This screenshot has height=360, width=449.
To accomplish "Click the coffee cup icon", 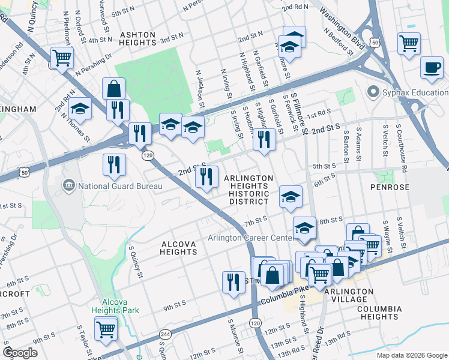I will tap(431, 67).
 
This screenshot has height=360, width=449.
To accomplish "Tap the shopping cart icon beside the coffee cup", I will tap(409, 43).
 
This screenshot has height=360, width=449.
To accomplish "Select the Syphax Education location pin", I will tap(373, 92).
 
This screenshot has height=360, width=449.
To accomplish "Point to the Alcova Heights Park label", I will tap(115, 306).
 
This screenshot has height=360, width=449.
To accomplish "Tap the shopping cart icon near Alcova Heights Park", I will tap(106, 328).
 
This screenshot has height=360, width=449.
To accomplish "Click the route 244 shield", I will tap(164, 334).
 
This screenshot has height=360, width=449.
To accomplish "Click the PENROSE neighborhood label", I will tap(393, 187).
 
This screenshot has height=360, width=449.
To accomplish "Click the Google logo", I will tap(20, 352).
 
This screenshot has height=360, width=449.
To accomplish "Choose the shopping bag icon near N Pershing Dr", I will tap(113, 89).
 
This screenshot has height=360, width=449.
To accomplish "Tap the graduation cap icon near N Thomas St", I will tap(79, 109).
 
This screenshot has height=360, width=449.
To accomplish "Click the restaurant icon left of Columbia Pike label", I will tap(234, 282).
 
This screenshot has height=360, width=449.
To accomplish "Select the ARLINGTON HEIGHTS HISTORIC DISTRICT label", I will tap(249, 190).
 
